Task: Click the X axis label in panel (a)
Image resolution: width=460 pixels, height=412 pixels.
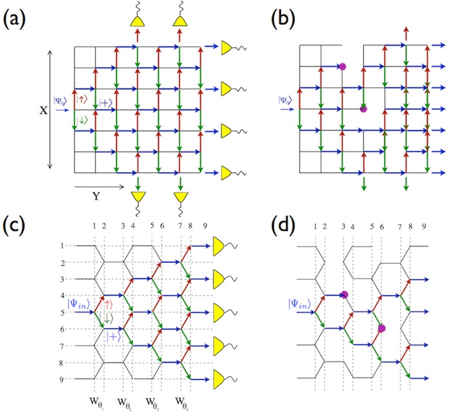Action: [43, 110]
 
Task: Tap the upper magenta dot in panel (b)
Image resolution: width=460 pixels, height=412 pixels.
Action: [342, 66]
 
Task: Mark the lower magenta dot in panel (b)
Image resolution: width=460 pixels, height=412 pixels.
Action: [363, 109]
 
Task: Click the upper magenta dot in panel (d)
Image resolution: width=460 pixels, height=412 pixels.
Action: [345, 295]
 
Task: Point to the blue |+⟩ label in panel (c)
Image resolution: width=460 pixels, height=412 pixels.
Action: [113, 337]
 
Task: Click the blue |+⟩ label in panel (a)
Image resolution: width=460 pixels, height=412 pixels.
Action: [108, 101]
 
